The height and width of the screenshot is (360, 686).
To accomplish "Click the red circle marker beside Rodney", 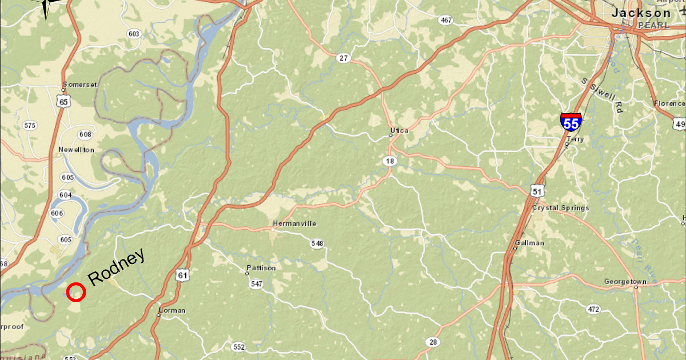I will click(x=76, y=292).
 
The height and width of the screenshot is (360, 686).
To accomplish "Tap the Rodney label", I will click(x=117, y=267).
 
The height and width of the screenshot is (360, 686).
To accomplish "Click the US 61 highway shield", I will click(x=182, y=275).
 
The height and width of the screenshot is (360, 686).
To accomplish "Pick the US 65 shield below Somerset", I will click(x=63, y=102).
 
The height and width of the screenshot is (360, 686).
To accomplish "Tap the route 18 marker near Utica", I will click(x=390, y=161).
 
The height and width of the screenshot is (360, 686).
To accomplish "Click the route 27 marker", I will click(x=343, y=58).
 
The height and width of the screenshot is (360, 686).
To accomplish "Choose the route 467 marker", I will click(x=446, y=21).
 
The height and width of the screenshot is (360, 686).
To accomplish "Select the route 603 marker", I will click(x=134, y=34).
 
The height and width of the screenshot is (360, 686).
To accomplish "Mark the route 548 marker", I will click(x=317, y=243).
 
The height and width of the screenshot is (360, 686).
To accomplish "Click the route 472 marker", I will click(x=593, y=309).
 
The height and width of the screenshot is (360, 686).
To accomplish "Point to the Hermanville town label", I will click(x=294, y=223).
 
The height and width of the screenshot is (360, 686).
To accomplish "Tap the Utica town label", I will click(x=399, y=130).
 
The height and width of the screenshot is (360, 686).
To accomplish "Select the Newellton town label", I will click(x=76, y=150).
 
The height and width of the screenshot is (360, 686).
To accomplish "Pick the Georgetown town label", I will click(x=625, y=282).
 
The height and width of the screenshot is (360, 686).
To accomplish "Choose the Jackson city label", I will click(x=641, y=13).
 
